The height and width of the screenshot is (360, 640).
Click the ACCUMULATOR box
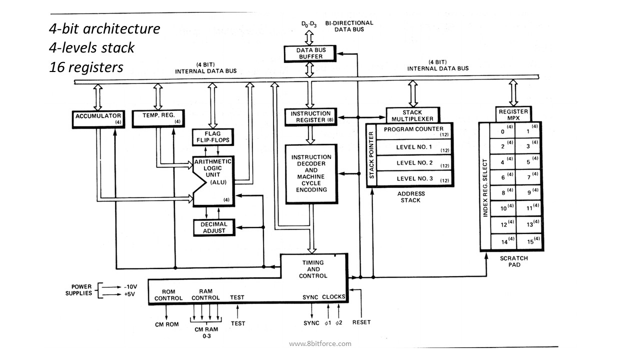point(98,119)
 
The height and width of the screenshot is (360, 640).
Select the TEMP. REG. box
point(158,118)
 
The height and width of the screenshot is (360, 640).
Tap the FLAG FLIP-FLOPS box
point(213,137)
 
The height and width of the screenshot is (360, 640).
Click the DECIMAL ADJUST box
point(214,227)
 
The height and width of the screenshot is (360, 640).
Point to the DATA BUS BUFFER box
point(310,53)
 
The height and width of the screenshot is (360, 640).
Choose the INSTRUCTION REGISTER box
point(311,117)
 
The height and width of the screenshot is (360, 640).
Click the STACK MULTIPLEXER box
point(413,115)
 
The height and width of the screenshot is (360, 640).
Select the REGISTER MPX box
point(513,114)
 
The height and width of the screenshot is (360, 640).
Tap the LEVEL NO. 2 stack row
point(414,163)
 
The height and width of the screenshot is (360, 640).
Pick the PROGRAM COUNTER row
point(414,131)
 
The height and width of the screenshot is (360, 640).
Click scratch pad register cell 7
point(527,177)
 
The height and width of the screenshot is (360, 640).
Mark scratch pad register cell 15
point(529,241)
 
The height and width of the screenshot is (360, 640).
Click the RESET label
point(361,322)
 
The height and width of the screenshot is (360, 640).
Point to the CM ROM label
point(167,324)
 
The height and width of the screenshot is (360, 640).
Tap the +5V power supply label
point(129,294)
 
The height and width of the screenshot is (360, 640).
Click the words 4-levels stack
point(91,47)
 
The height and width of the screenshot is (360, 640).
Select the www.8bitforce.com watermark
point(320,343)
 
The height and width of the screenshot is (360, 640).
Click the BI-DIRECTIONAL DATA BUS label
point(349,26)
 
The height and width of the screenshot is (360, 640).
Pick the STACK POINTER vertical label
point(371,155)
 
